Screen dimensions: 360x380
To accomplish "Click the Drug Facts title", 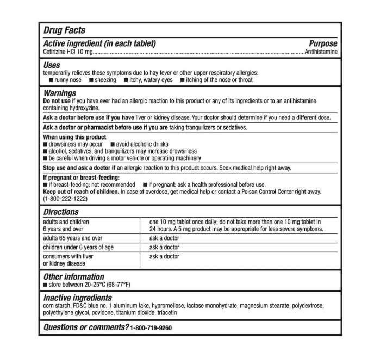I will pos(64,31).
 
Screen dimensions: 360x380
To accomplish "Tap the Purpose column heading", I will pos(322,44).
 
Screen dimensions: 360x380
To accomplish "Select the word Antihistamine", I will pos(321,52).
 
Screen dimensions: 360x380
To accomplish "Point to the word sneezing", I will pos(106,80).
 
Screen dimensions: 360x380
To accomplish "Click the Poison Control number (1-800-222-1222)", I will pos(65,199).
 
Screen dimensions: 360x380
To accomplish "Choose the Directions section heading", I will pos(61,212).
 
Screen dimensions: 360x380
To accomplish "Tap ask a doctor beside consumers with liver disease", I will pos(164,256).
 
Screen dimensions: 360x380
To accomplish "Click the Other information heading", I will pos(73,276).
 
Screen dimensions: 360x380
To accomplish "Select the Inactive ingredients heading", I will pos(77,298).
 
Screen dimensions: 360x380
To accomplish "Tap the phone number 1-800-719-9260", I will pos(152,328).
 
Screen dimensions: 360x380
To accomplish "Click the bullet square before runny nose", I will pos(51,80).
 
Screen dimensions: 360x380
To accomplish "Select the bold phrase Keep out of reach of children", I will pos(80,192).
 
